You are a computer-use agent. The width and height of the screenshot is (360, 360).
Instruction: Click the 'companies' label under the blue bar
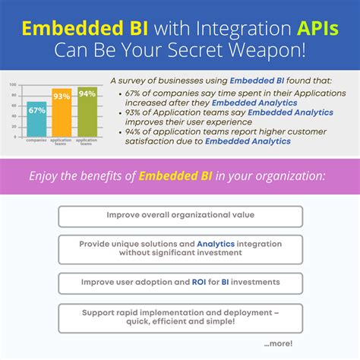(36, 141)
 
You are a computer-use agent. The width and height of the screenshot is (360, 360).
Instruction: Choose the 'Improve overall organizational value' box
(180, 215)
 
